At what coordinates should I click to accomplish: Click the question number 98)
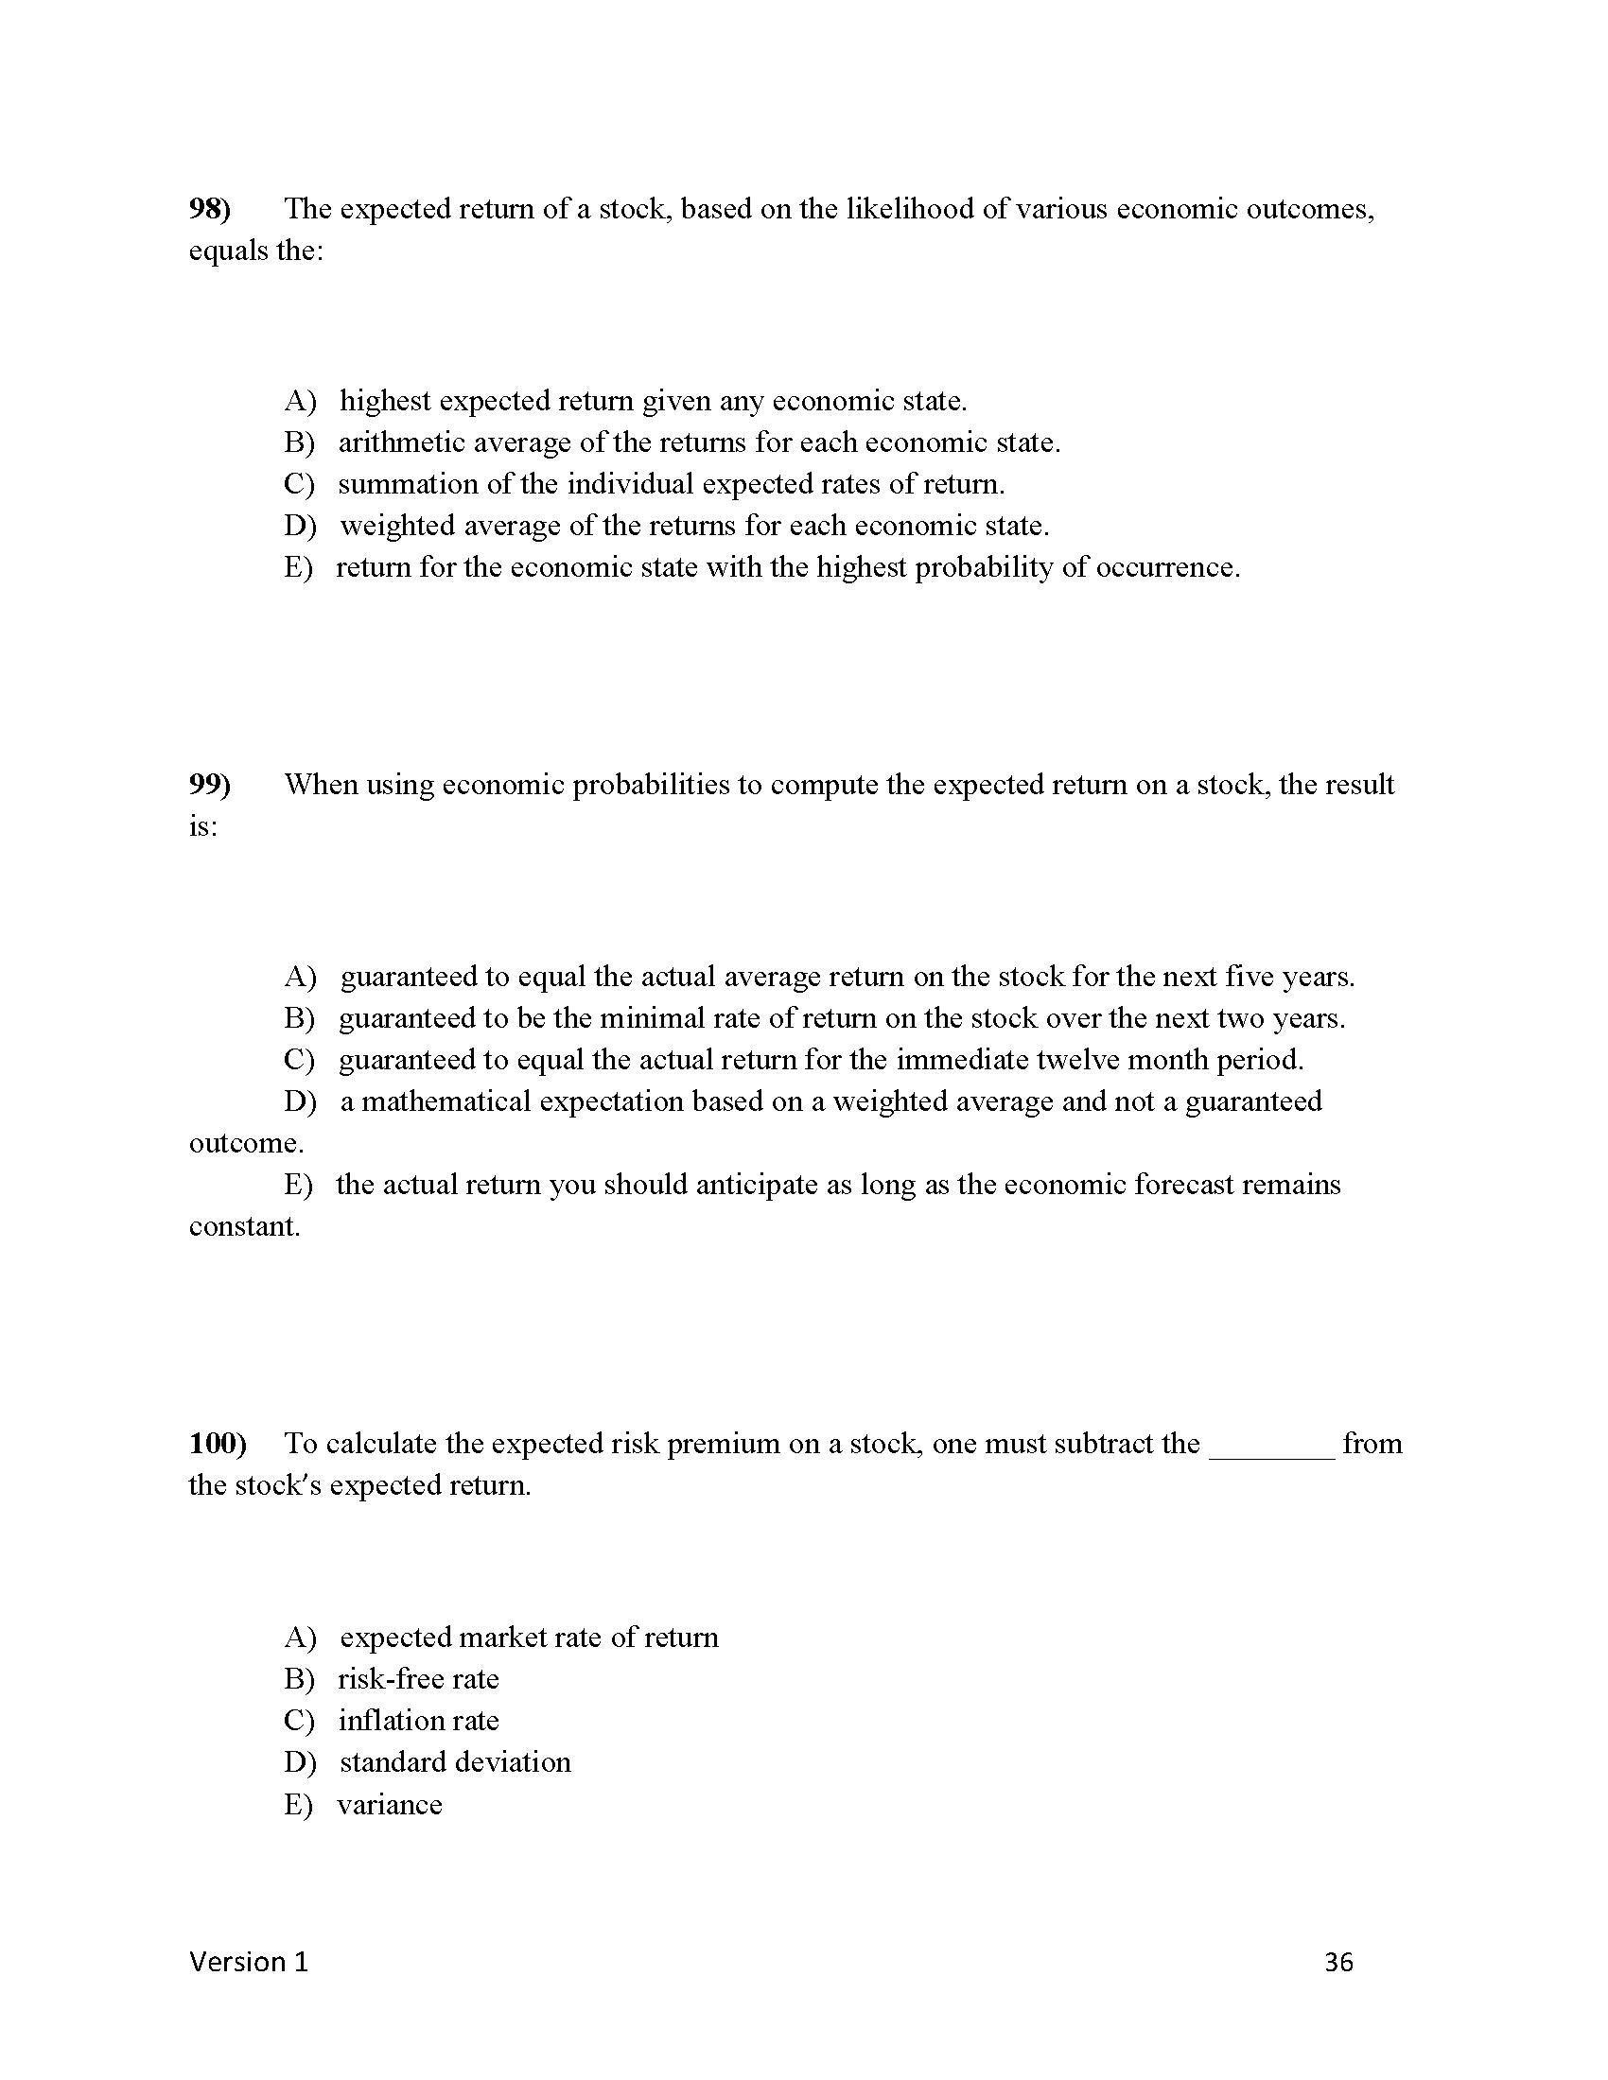click(210, 209)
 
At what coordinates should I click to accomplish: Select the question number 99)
click(210, 785)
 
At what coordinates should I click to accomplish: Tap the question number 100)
click(218, 1443)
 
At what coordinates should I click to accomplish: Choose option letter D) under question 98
click(299, 526)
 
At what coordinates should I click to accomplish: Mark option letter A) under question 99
click(299, 977)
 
